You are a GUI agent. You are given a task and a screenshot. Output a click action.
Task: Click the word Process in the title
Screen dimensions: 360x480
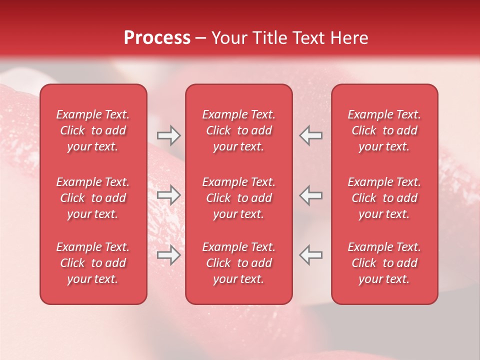tap(157, 38)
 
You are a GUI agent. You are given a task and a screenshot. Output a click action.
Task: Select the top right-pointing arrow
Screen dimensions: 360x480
tap(168, 135)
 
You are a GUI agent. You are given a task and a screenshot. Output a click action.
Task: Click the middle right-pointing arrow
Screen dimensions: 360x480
tap(168, 195)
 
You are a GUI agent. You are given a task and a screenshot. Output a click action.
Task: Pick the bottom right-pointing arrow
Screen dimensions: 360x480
tap(168, 255)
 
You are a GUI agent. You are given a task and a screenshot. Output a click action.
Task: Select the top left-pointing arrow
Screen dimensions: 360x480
tap(310, 135)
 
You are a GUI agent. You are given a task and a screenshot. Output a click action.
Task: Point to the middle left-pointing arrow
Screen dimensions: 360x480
tap(310, 195)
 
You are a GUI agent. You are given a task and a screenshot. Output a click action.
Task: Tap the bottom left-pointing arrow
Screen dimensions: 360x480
tap(310, 255)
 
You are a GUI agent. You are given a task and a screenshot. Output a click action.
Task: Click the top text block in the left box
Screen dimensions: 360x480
tap(93, 130)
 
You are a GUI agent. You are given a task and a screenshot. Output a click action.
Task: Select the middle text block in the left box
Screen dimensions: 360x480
tap(93, 198)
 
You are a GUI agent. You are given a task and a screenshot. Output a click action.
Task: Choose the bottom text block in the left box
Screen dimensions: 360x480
tap(93, 263)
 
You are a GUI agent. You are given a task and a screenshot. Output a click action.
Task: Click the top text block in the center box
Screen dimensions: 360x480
tap(238, 130)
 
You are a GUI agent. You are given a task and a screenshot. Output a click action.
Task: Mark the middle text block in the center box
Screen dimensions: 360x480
tap(238, 198)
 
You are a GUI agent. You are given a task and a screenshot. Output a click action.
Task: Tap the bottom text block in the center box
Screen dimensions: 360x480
tap(238, 263)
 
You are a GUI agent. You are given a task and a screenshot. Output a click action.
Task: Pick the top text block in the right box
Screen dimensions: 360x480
tap(384, 130)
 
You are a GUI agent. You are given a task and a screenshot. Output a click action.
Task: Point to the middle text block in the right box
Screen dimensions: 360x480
tap(384, 198)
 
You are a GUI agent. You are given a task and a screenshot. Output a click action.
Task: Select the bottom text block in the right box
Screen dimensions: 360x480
tap(384, 263)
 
